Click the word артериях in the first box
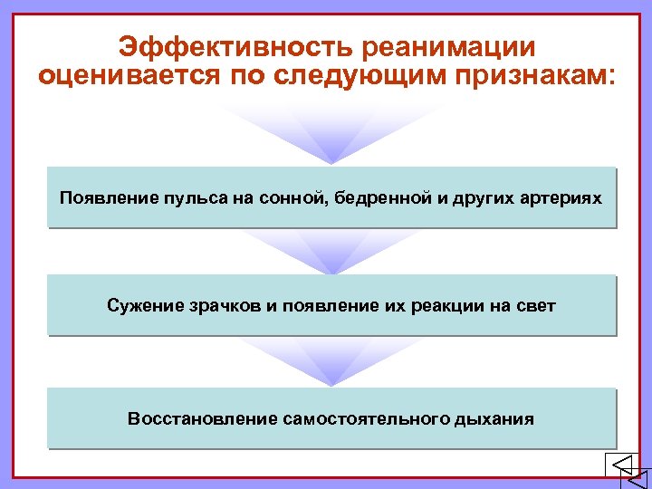tap(561, 197)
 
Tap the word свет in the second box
tap(537, 306)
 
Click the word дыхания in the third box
tap(498, 418)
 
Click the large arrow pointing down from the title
tap(331, 136)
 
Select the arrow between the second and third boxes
tap(331, 362)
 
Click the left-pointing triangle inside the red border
tap(622, 465)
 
